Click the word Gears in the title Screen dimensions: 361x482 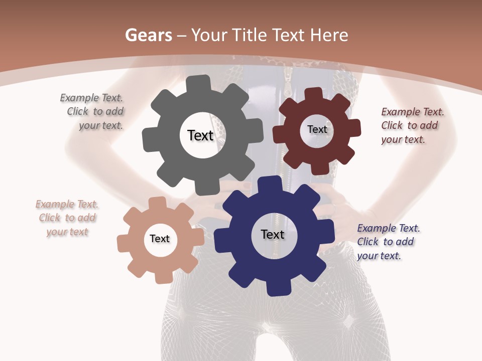pos(148,35)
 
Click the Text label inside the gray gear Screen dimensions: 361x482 pos(200,135)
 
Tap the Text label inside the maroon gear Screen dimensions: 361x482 pos(317,129)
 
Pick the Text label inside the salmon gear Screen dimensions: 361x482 pos(160,239)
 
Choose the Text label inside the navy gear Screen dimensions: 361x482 pos(273,234)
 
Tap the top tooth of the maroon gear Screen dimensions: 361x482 pos(313,94)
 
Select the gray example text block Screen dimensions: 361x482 pos(93,112)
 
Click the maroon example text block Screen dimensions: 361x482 pos(412,125)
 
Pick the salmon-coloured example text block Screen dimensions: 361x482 pos(67,218)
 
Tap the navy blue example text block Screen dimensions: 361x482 pos(388,242)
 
